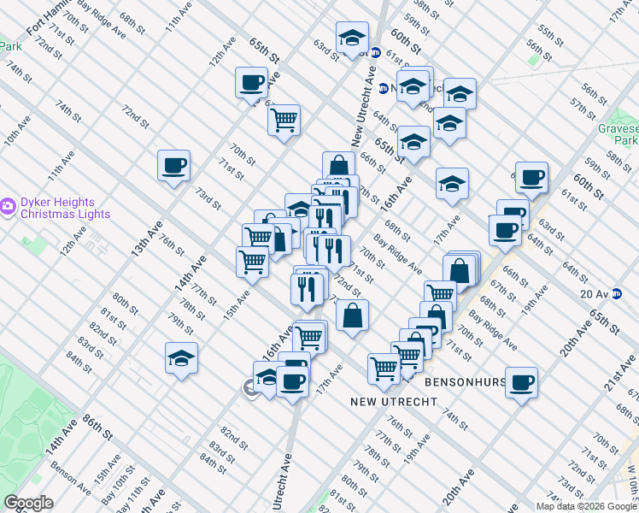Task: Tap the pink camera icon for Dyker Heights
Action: point(8,206)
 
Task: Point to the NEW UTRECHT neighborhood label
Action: point(380,400)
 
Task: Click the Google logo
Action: point(28,503)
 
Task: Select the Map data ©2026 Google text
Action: point(586,506)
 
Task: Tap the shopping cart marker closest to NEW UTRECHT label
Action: point(384,368)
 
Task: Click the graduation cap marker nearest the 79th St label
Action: point(181,357)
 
